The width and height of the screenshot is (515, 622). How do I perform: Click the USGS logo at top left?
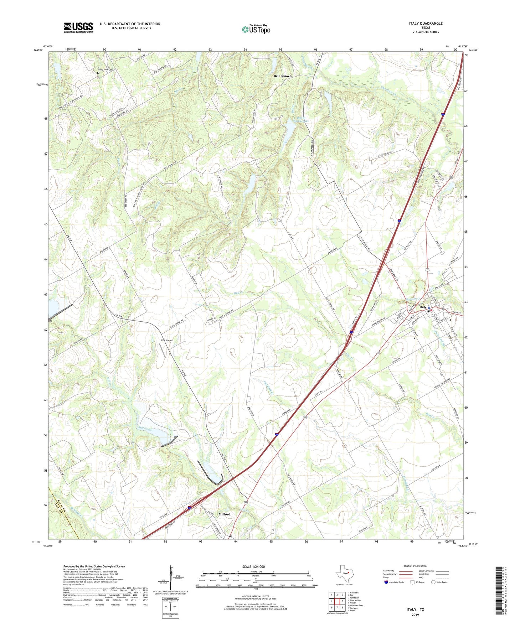click(x=78, y=27)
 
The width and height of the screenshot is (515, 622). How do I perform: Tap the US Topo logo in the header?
click(x=256, y=30)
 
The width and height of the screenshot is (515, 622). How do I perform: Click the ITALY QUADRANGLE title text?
click(x=426, y=24)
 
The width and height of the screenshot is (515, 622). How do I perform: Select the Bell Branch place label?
click(x=282, y=76)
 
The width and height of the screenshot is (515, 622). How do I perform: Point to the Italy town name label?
click(x=423, y=307)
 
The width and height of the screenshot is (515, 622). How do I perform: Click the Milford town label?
click(x=225, y=514)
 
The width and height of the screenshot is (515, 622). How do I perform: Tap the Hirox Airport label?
click(x=166, y=341)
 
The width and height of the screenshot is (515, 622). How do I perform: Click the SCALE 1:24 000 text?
click(x=253, y=566)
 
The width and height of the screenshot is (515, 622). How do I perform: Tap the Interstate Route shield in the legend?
click(x=386, y=582)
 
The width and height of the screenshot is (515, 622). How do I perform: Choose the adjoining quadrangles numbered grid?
click(x=337, y=602)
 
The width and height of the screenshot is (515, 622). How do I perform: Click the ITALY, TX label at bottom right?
click(x=415, y=610)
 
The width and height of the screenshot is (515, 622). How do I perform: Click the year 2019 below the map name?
click(x=415, y=615)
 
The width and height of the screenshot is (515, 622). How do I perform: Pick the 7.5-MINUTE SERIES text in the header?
click(x=426, y=32)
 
